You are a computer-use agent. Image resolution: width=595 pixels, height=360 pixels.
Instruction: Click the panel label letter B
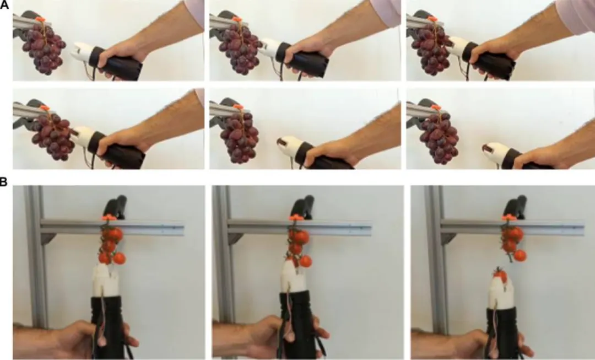tap(3, 181)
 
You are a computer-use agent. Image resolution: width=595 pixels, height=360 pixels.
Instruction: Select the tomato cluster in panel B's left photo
tap(111, 245)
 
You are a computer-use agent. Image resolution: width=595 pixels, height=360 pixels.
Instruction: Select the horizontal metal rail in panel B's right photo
tap(512, 228)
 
